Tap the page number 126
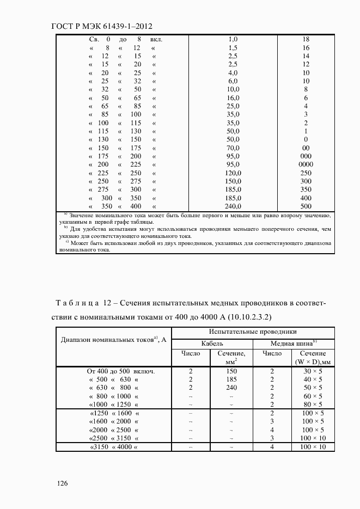click(x=61, y=484)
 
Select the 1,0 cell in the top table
click(x=233, y=39)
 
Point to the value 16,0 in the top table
click(x=233, y=97)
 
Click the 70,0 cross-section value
click(x=233, y=148)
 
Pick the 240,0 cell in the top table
click(x=233, y=206)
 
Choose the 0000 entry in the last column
click(x=306, y=164)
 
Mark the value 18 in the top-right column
click(x=306, y=39)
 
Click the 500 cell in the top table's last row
click(x=306, y=206)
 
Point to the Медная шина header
click(x=294, y=344)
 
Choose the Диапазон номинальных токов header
click(x=113, y=339)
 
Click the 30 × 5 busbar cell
click(x=313, y=371)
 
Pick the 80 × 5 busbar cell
click(x=313, y=404)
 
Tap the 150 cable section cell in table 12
click(x=231, y=371)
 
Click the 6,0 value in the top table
click(x=233, y=81)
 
